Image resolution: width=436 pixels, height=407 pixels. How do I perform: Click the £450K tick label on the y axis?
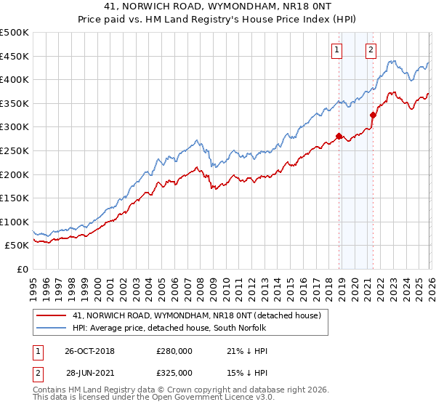point(15,57)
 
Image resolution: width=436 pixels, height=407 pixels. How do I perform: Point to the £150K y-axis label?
point(15,198)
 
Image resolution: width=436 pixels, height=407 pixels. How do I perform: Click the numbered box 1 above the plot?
point(338,50)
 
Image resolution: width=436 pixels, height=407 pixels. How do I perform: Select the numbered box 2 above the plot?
point(371,50)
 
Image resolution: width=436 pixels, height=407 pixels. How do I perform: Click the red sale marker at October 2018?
point(339,136)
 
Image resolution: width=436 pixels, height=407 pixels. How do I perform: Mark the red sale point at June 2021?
point(373,115)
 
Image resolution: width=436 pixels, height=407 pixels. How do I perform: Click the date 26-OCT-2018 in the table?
point(89,352)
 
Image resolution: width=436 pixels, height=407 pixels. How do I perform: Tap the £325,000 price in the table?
point(174,372)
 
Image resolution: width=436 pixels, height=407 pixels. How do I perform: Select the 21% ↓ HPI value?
point(243,352)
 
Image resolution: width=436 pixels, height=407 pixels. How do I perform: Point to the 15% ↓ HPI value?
point(243,372)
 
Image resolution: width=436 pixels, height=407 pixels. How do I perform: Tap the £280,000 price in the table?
point(174,352)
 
